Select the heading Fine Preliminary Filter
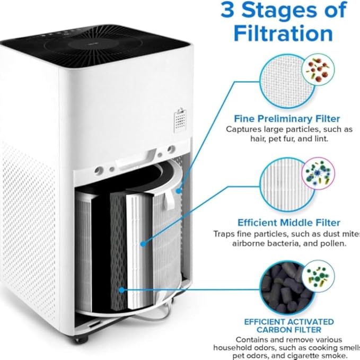(x=287, y=118)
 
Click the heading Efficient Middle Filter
(x=288, y=223)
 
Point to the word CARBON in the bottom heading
(x=282, y=329)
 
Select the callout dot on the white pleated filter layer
(x=143, y=244)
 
